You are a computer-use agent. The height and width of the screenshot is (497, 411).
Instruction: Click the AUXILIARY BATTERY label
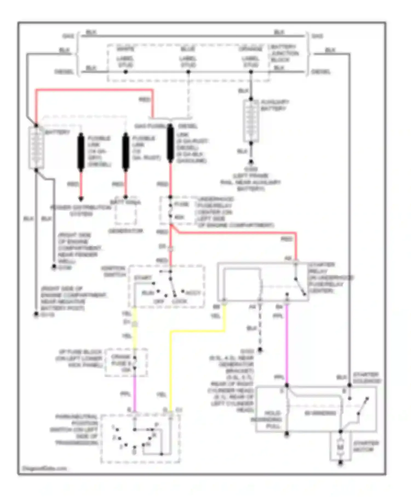click(275, 105)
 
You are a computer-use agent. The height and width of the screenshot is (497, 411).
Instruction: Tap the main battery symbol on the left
click(36, 148)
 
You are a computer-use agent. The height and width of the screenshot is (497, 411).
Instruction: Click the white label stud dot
click(125, 72)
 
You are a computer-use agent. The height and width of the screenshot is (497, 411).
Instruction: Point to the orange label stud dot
click(251, 72)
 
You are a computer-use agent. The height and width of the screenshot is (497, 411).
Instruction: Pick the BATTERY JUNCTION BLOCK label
click(284, 53)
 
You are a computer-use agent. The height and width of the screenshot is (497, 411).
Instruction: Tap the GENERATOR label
click(125, 231)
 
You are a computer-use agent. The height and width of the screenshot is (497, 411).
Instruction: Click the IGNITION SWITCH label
click(113, 271)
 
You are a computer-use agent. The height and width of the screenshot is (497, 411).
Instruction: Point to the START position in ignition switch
click(143, 278)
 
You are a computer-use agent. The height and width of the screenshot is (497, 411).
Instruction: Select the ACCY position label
click(193, 293)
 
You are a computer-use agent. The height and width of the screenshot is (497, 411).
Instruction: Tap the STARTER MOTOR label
click(366, 446)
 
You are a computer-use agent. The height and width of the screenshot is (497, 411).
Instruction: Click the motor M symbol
click(340, 447)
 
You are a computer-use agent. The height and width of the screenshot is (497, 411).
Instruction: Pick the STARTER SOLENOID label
click(366, 378)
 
